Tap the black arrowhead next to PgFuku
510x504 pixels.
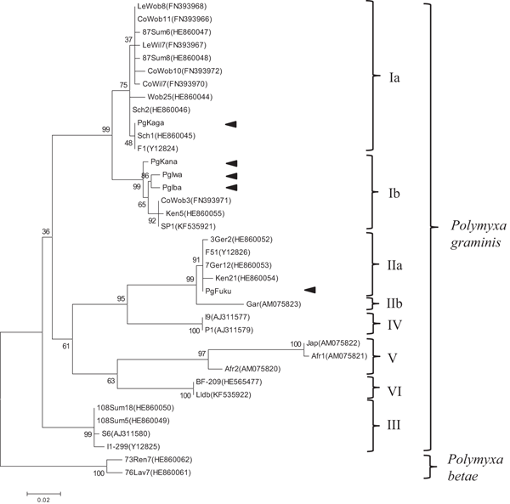point(310,291)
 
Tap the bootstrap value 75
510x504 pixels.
point(122,84)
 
